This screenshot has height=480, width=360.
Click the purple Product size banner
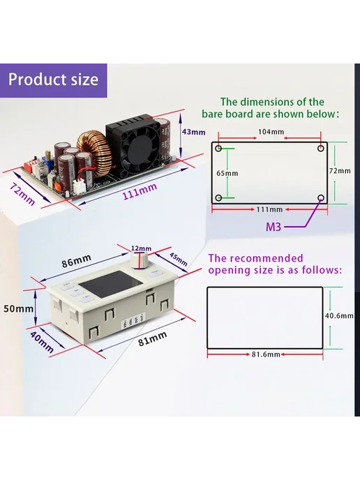(x=54, y=80)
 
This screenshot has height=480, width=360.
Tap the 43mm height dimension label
(x=193, y=132)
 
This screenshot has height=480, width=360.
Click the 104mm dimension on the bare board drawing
(x=271, y=132)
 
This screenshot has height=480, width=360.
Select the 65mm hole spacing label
(x=227, y=173)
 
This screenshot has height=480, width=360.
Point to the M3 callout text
(x=273, y=227)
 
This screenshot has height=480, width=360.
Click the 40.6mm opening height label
(x=339, y=315)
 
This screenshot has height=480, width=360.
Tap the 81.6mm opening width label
(x=266, y=354)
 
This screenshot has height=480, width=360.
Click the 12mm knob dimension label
(x=141, y=248)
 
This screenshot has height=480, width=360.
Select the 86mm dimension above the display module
(x=77, y=260)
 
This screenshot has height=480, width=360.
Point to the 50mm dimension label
(x=18, y=308)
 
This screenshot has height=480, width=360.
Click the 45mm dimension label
(x=178, y=260)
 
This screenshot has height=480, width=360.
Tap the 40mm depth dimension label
(x=42, y=343)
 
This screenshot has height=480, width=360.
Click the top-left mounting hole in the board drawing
(x=218, y=149)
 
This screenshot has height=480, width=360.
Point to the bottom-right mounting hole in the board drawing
(x=321, y=197)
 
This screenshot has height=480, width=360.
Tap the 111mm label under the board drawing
(x=269, y=210)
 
